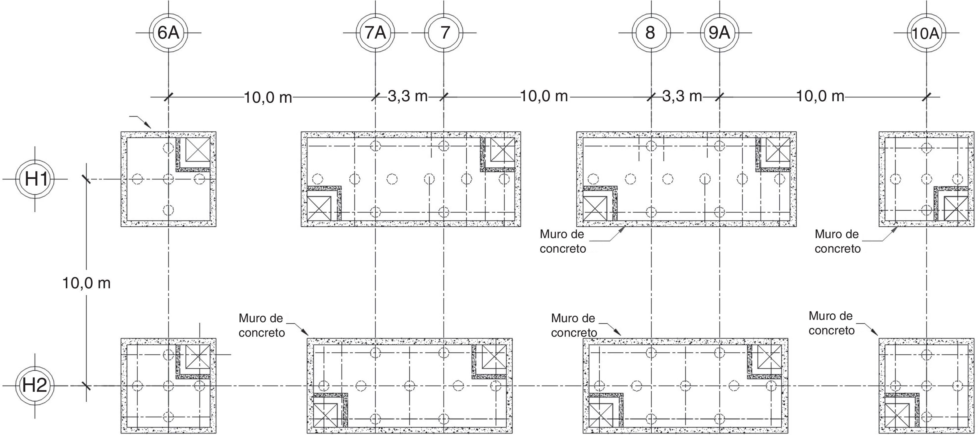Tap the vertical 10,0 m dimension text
(87, 283)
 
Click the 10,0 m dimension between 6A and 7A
(268, 97)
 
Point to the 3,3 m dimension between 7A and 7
(408, 96)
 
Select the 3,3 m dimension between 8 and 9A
(682, 96)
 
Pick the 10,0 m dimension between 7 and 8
(544, 96)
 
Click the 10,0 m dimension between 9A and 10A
(820, 96)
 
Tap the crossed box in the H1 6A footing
(197, 151)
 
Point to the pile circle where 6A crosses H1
(168, 179)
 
